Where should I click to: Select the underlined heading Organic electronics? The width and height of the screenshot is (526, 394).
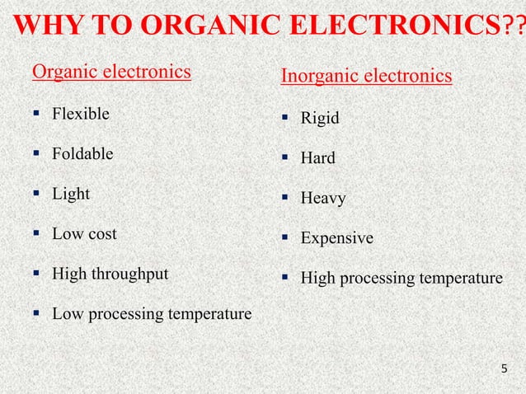point(111,73)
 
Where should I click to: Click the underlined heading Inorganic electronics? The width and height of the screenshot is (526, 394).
point(366,77)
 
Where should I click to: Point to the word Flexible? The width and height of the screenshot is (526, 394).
point(80,114)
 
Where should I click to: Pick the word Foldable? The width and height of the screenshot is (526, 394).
point(83,154)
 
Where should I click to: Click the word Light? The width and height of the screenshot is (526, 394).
point(71,195)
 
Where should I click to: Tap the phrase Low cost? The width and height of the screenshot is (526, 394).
point(84,234)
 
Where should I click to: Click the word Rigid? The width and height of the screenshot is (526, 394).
point(320,118)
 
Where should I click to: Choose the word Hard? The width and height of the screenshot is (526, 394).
point(318,157)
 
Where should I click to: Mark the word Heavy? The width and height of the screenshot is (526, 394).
point(323,198)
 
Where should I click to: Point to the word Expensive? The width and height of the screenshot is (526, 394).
point(337,238)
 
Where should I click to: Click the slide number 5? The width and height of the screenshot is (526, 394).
point(505,367)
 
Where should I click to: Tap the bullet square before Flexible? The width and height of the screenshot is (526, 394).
point(37,114)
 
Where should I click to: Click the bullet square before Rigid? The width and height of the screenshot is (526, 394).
point(285,118)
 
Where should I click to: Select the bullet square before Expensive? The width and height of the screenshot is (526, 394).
point(285,238)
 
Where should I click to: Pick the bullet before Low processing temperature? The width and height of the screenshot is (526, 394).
point(37,313)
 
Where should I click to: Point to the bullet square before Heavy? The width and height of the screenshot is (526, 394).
point(285,198)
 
